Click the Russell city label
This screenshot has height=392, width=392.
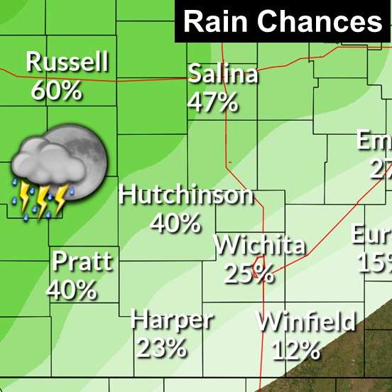[x=67, y=62]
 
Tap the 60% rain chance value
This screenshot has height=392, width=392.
[x=56, y=91]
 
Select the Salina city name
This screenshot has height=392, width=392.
[x=223, y=75]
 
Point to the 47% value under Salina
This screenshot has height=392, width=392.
[x=212, y=102]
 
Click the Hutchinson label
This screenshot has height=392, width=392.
[x=186, y=195]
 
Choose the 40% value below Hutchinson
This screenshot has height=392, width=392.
[x=175, y=223]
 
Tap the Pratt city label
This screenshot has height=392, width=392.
[x=82, y=261]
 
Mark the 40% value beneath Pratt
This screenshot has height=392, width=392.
[x=72, y=290]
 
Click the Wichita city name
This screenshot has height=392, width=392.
[x=260, y=245]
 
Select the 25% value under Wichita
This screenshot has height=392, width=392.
[x=249, y=273]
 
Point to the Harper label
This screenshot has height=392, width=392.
[x=172, y=320]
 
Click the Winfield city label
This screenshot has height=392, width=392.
[x=305, y=322]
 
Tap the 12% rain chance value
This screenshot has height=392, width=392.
[x=295, y=349]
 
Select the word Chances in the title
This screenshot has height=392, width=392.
[x=317, y=22]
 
